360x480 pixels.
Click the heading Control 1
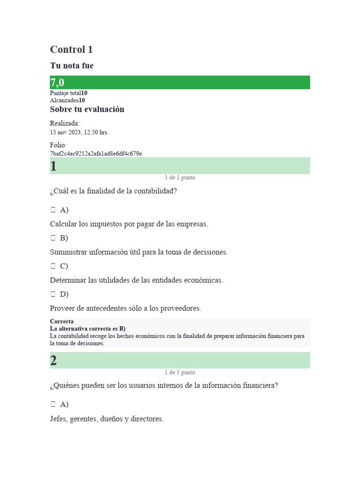coord(71,50)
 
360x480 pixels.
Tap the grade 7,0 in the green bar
coord(57,83)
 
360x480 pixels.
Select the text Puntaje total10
coord(68,93)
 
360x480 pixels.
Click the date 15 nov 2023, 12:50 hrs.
coord(79,132)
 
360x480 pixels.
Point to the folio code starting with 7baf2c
coord(96,153)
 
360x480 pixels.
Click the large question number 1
coord(53,166)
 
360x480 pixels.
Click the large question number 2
coord(53,360)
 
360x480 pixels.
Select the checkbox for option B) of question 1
coord(53,238)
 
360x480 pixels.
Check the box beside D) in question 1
coord(53,294)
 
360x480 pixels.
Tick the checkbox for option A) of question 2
coord(53,405)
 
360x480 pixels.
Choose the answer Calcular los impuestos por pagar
coord(128,224)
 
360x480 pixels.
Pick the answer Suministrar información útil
coord(139,252)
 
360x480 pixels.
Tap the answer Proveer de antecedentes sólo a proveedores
coord(125,308)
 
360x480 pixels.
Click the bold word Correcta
coord(62,322)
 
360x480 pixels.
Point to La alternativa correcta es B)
coord(88,329)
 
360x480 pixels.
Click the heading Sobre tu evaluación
coord(87,109)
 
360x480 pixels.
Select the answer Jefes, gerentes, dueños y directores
coord(107,419)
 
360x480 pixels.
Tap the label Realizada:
coord(65,123)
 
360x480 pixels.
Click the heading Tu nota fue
coord(72,66)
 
